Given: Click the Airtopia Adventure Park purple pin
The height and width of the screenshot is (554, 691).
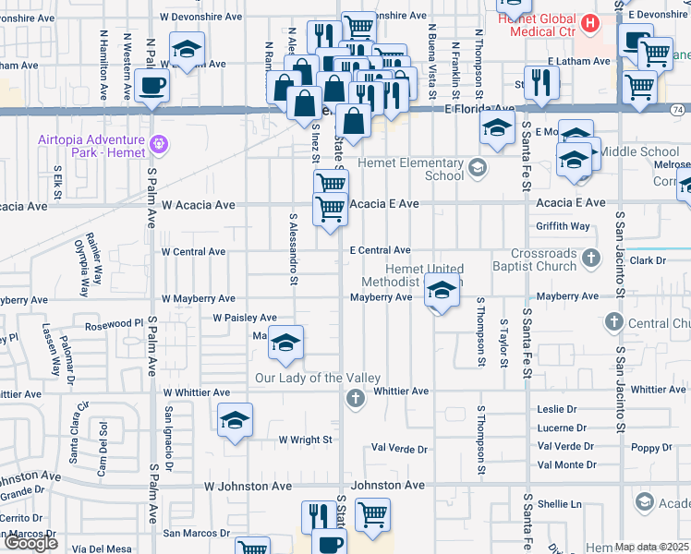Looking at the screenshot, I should pyautogui.click(x=159, y=145).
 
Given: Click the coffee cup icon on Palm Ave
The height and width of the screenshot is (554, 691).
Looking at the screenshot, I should pyautogui.click(x=152, y=86).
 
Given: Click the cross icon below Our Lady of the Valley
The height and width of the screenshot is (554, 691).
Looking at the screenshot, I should pyautogui.click(x=354, y=399).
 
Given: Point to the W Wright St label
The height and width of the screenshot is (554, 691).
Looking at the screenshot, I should pyautogui.click(x=305, y=440).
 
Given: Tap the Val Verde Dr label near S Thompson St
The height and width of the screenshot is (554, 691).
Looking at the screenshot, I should pyautogui.click(x=398, y=449).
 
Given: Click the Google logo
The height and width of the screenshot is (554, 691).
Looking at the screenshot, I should pyautogui.click(x=31, y=543).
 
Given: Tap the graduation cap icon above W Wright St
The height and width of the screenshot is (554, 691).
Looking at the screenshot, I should pyautogui.click(x=236, y=420).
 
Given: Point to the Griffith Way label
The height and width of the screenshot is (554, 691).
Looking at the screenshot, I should pyautogui.click(x=563, y=226).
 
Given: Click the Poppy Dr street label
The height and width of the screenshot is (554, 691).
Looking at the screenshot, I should pyautogui.click(x=652, y=448).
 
